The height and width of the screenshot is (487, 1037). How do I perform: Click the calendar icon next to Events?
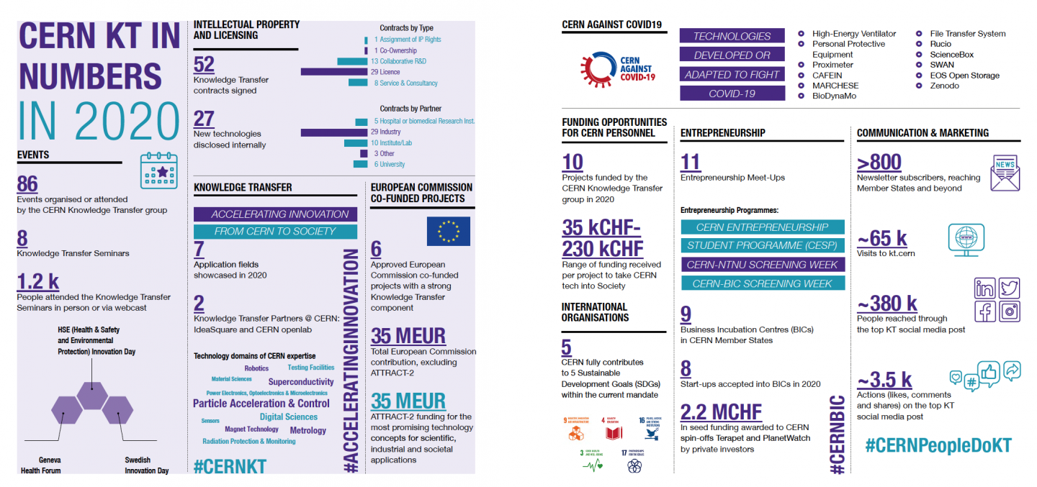point(159,170)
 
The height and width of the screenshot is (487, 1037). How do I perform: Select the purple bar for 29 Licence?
point(334,72)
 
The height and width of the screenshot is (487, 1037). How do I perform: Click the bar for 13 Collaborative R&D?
point(352,61)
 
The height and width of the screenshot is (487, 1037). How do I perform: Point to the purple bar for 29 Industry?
point(334,132)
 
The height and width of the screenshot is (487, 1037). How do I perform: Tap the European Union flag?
point(448,231)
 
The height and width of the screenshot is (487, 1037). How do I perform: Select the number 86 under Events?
point(27,184)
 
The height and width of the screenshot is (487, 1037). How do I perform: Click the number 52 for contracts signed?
point(204,65)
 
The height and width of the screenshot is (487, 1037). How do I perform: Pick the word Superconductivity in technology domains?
point(301,382)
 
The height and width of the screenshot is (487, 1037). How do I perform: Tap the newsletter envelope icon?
point(1005,173)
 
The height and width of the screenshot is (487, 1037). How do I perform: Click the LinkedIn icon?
point(984,288)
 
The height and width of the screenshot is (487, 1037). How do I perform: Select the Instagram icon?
point(1009,311)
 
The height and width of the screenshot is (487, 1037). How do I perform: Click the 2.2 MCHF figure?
point(721,411)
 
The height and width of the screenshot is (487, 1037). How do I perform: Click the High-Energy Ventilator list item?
point(853,34)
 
